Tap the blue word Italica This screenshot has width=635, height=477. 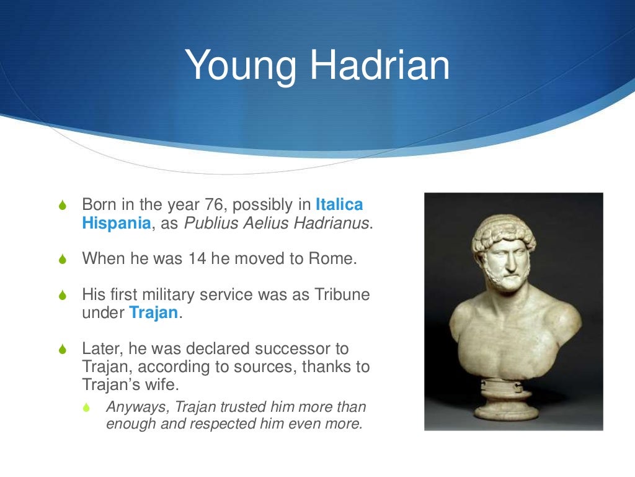339,204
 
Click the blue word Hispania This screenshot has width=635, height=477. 116,224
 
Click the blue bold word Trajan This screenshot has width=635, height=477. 153,313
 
